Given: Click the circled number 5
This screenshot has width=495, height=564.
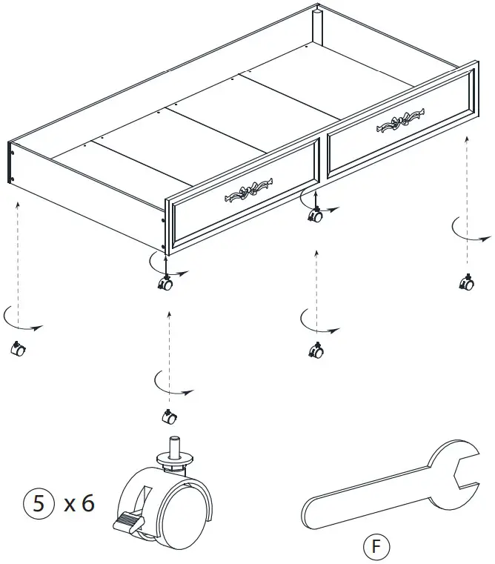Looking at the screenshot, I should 40,504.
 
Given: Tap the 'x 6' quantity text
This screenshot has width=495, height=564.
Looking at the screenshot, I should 79,504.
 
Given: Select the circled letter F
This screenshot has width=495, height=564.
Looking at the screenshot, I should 376,547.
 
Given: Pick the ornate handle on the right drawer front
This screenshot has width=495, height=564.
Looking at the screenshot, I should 400,122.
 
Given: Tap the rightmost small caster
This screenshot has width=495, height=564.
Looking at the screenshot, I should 467,283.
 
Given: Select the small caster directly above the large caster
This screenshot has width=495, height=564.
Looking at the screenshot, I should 168,417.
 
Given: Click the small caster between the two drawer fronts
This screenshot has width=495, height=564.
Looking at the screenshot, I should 316,216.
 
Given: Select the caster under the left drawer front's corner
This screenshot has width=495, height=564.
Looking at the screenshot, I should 165,284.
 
